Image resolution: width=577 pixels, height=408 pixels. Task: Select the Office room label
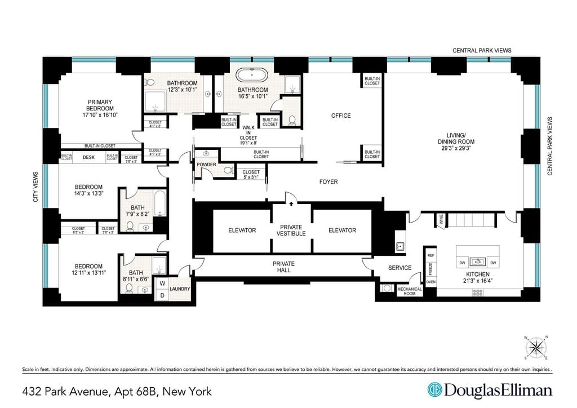[340, 116]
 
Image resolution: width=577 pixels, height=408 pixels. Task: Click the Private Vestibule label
[292, 230]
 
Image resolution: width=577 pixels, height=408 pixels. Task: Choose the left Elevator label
[242, 230]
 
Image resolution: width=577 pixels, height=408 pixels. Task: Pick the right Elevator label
[342, 230]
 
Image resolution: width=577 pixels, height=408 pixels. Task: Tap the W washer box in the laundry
[162, 283]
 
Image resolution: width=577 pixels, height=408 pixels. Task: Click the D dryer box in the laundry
[162, 295]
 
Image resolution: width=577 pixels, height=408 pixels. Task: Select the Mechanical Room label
[410, 291]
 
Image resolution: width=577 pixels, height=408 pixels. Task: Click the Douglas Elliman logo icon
[434, 390]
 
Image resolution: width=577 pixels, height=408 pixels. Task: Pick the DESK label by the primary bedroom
[88, 158]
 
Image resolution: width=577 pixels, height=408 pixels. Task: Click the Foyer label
[328, 181]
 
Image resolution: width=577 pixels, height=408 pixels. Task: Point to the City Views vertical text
[36, 187]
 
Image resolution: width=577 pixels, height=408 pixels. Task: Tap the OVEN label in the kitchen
[430, 281]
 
